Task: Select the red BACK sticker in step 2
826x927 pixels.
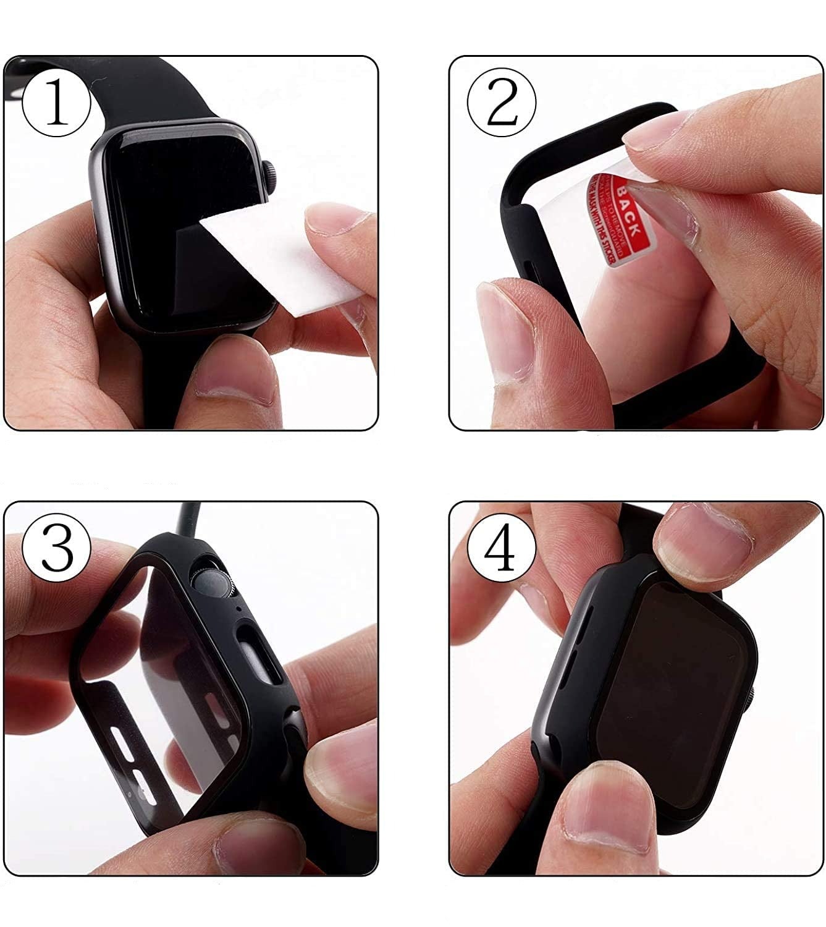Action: (x=618, y=219)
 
